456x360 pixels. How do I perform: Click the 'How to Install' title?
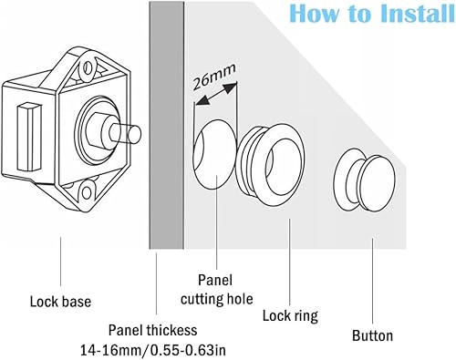click(x=372, y=14)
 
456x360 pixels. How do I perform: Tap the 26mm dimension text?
click(x=214, y=77)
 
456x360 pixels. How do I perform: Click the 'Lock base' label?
click(x=60, y=302)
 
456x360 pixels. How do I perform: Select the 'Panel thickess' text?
click(x=153, y=330)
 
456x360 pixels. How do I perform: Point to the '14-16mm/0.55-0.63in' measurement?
click(x=153, y=350)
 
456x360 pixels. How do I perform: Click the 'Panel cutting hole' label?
click(x=216, y=290)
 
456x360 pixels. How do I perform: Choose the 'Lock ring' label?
click(x=290, y=315)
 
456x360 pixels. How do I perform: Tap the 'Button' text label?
click(x=372, y=336)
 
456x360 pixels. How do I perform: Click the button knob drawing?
click(x=365, y=180)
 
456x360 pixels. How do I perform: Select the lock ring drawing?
click(x=271, y=160)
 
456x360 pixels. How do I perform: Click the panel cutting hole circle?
click(x=215, y=155)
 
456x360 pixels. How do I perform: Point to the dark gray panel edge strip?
click(x=167, y=125)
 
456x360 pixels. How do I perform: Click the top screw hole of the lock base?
click(x=88, y=67)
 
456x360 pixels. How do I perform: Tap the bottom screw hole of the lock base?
click(x=87, y=192)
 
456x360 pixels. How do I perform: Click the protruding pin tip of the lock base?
click(x=134, y=134)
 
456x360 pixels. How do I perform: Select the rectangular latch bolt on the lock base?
click(x=29, y=137)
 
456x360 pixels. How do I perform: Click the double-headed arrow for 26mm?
click(x=216, y=94)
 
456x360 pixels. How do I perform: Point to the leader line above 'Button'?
click(x=373, y=281)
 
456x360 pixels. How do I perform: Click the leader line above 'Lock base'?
click(x=60, y=262)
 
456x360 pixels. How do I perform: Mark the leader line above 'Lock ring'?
click(x=290, y=262)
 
